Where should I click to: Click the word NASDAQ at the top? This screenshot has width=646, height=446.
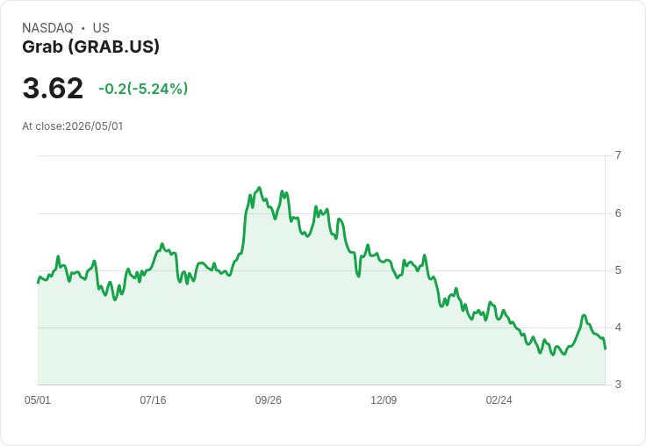(x=47, y=28)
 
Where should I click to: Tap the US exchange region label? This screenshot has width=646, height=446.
(x=101, y=28)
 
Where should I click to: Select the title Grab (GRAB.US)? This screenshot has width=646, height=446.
(x=90, y=47)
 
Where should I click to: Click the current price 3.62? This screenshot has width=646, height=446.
(x=53, y=89)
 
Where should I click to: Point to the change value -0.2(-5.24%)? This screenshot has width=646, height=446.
(x=143, y=89)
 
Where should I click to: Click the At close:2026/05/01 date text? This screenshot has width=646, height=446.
(x=73, y=126)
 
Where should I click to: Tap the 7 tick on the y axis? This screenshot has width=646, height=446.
(x=618, y=155)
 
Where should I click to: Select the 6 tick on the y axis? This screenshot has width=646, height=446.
(x=618, y=213)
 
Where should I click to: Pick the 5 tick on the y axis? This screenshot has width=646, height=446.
(x=618, y=270)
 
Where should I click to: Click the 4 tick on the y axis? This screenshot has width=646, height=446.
(x=618, y=327)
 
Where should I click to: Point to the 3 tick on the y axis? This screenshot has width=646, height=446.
(x=618, y=385)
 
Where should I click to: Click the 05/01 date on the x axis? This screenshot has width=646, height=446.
(x=38, y=400)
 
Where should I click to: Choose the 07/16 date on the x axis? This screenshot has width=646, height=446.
(x=153, y=400)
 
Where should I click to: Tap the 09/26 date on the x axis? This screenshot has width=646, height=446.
(x=269, y=400)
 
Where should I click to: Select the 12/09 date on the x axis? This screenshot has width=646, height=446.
(x=384, y=400)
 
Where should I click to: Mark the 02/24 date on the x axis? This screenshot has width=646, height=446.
(x=499, y=400)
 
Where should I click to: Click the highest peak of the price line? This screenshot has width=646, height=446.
(x=259, y=188)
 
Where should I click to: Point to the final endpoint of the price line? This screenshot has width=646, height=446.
(x=605, y=349)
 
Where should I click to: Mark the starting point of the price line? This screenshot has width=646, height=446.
(x=39, y=283)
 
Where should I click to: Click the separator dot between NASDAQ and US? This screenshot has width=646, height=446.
(x=83, y=28)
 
